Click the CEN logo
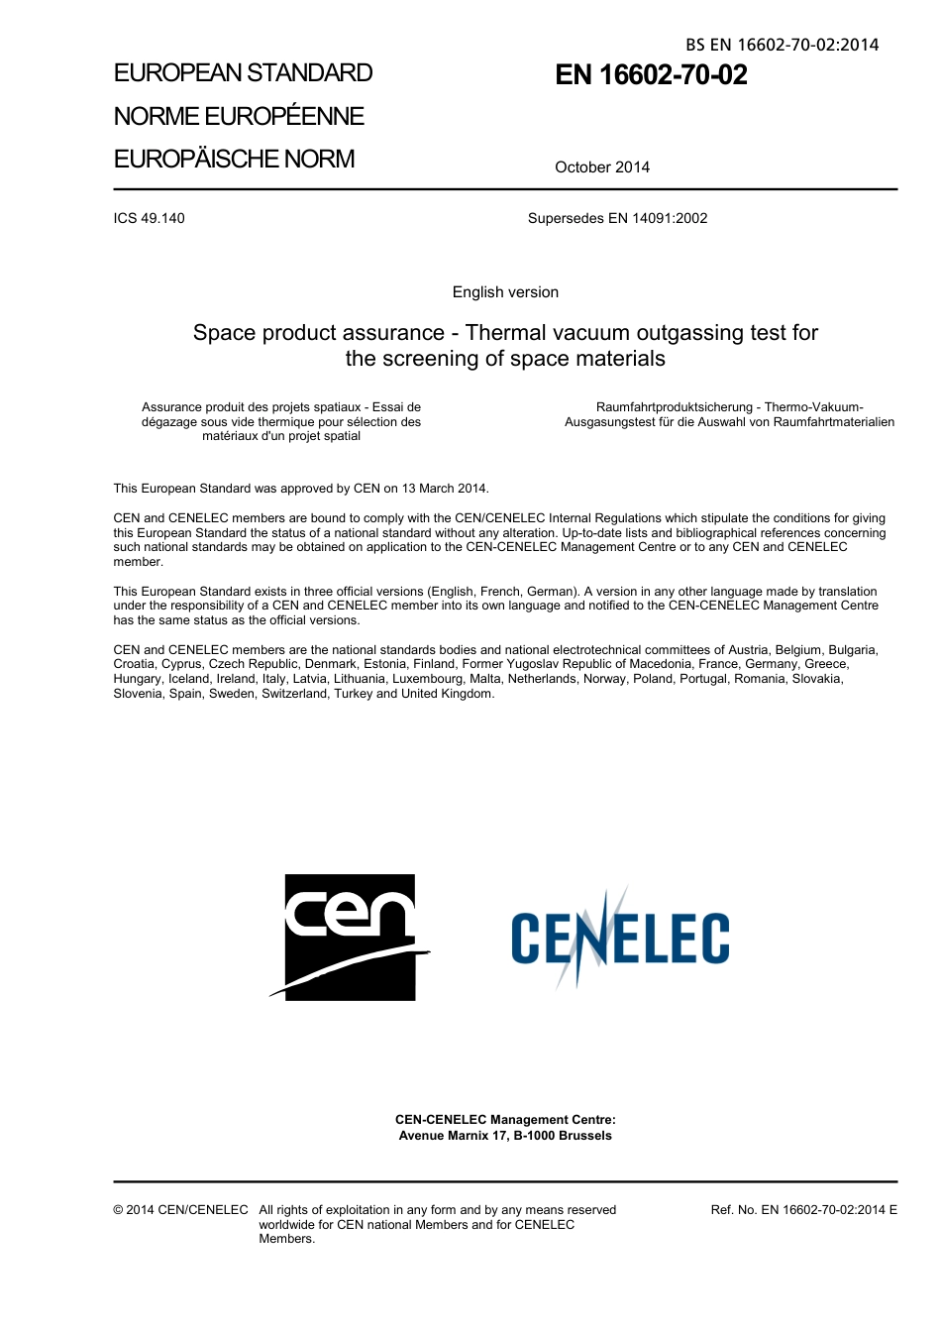point(350,937)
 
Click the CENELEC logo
point(620,939)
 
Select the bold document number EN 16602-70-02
point(651,75)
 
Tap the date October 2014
point(602,167)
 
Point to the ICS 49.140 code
point(149,218)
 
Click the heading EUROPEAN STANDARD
point(243,73)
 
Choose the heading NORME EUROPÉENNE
point(239,117)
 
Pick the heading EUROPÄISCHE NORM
point(234,160)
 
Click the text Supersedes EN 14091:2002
point(617,218)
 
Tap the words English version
point(505,292)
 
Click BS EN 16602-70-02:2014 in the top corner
point(782,45)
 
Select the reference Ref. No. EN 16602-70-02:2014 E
point(803,1210)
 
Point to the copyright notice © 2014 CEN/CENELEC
point(180,1210)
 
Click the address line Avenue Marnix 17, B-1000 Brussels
point(505,1136)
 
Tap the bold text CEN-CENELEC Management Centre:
point(505,1120)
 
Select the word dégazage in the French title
point(169,422)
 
